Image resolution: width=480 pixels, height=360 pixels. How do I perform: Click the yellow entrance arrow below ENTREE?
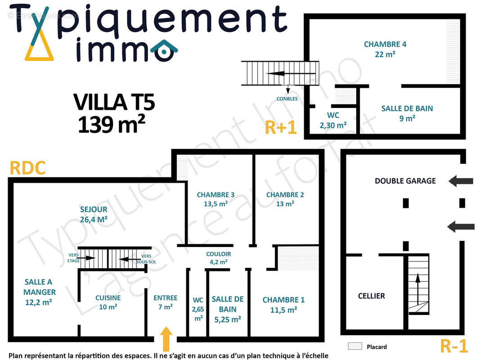click(x=166, y=339)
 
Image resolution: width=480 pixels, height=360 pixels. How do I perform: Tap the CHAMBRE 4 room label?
click(x=385, y=49)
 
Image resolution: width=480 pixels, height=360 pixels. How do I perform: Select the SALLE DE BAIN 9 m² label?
click(x=407, y=113)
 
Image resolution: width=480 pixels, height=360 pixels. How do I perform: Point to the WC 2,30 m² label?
click(x=333, y=120)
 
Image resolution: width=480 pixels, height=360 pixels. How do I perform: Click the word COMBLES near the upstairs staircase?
click(x=287, y=99)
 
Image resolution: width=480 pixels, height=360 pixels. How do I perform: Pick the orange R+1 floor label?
click(x=281, y=127)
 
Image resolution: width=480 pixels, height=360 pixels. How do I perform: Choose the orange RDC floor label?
click(x=27, y=168)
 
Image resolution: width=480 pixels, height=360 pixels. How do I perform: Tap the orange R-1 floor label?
click(x=454, y=346)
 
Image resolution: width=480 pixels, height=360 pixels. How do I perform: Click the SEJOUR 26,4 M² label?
click(x=94, y=214)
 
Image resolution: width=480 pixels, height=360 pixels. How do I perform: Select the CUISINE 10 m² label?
click(x=108, y=302)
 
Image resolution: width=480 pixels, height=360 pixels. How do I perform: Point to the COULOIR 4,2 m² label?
click(x=218, y=258)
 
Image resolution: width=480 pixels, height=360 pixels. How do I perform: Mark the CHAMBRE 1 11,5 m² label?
click(x=283, y=305)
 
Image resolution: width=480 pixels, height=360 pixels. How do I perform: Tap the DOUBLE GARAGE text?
click(x=405, y=181)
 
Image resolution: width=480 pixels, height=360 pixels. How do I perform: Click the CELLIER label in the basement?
click(x=371, y=296)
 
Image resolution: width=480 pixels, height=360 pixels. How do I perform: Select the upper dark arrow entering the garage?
click(x=461, y=181)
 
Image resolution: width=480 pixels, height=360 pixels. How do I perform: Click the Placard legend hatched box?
click(x=355, y=346)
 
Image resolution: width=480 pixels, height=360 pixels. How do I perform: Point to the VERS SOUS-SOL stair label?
click(x=146, y=259)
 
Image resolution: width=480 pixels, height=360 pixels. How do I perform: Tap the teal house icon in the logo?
click(x=164, y=51)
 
